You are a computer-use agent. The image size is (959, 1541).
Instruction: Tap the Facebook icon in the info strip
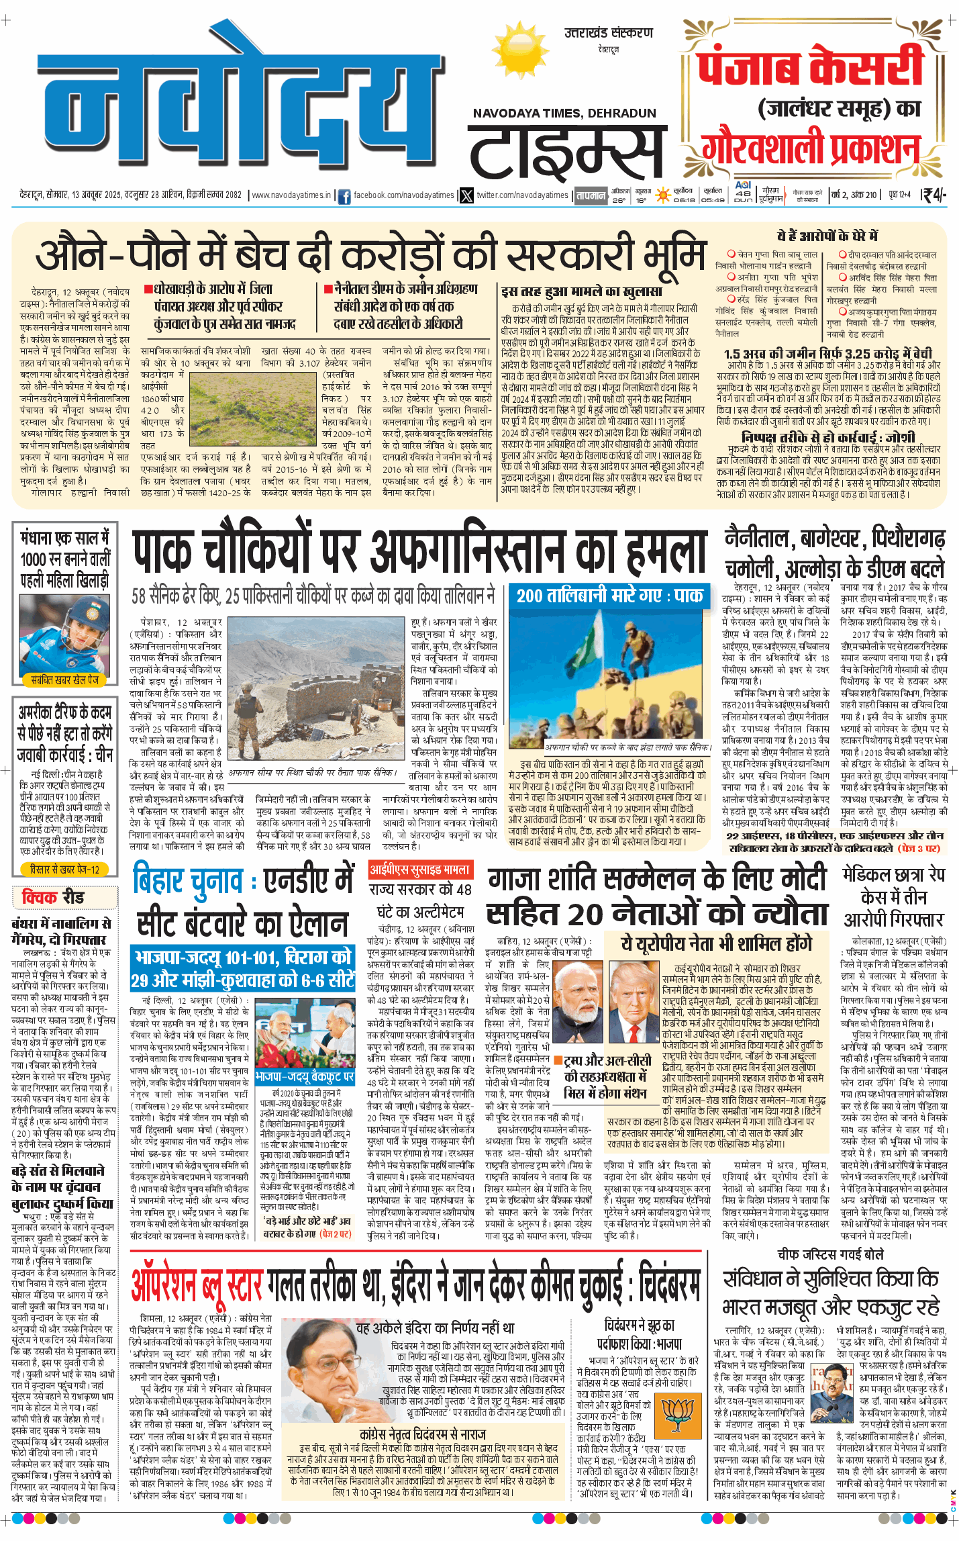[344, 196]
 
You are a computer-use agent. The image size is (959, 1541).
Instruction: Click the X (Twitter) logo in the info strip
[466, 195]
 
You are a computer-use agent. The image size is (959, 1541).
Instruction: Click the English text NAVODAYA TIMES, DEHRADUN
[564, 113]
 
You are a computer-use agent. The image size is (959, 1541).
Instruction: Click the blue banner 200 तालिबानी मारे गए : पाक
[609, 595]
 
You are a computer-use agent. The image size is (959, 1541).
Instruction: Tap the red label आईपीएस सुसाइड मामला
[420, 870]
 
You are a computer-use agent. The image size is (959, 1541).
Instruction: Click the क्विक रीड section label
[53, 897]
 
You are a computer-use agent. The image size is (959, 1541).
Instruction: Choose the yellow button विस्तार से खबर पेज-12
[64, 870]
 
